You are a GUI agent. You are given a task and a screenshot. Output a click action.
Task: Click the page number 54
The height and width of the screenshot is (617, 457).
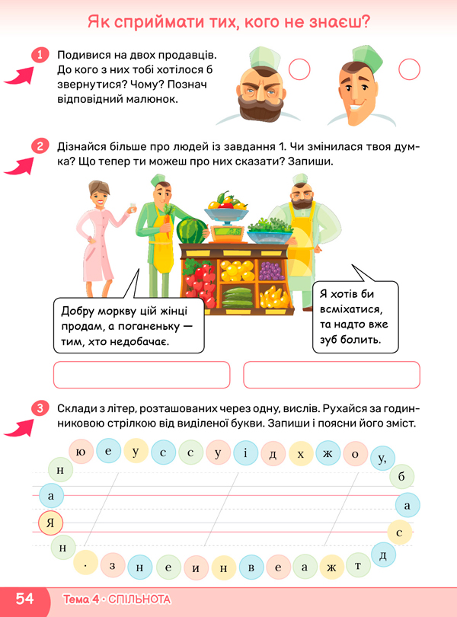point(24,599)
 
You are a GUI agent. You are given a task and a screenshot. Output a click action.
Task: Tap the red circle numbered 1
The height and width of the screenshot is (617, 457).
point(40,55)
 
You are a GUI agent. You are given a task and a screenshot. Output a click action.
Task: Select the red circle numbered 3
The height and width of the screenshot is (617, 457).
point(40,410)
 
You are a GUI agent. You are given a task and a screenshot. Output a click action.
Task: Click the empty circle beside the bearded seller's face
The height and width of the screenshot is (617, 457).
point(301,70)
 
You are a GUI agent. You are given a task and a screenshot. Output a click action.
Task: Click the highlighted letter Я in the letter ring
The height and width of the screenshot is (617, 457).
point(50,523)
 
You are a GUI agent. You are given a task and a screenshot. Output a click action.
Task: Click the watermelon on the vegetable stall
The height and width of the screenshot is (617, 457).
point(190,230)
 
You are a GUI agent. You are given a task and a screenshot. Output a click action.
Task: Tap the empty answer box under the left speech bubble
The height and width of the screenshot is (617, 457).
point(142,375)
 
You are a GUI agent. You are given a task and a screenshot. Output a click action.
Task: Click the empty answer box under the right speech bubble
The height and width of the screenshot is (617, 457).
point(331,375)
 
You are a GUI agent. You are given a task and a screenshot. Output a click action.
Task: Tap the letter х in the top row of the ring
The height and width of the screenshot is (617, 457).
point(301,455)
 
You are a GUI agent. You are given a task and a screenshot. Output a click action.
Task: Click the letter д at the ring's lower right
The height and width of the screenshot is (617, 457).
point(383,555)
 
